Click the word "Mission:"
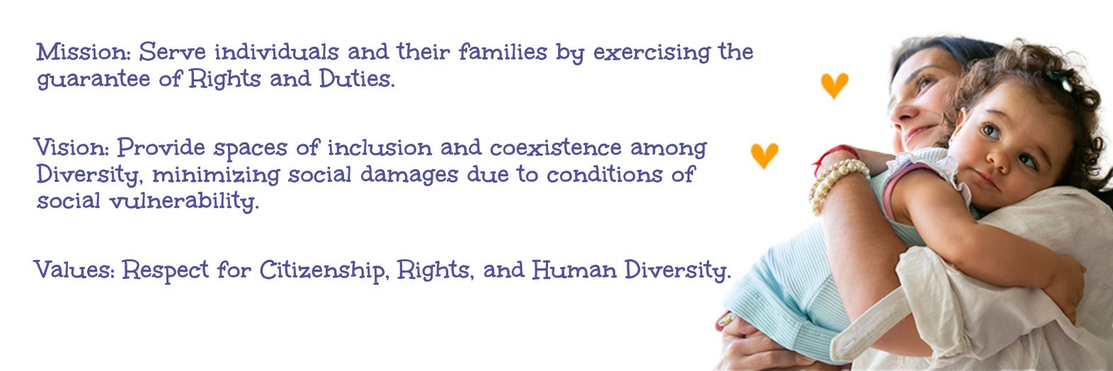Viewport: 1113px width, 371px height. click(83, 52)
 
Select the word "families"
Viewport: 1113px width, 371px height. click(503, 52)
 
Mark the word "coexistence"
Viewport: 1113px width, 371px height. click(556, 147)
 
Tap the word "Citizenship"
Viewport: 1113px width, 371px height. click(321, 271)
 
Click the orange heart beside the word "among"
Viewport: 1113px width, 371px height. click(764, 156)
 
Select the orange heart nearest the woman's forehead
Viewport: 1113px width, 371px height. click(834, 86)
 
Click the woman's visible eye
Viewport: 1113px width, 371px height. click(924, 82)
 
